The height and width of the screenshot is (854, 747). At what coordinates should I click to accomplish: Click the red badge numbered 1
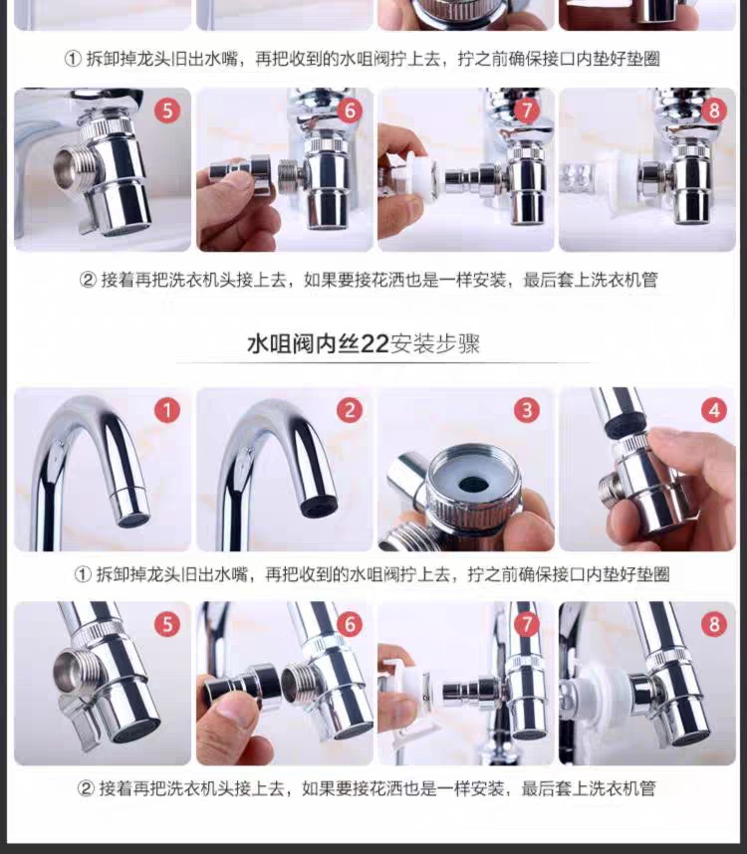167,410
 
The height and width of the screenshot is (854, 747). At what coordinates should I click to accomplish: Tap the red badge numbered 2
350,410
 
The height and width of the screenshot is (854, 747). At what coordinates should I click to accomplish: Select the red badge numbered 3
527,410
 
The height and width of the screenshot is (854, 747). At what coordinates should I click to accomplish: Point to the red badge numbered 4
714,410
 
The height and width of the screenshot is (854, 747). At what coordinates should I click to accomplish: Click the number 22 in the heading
374,344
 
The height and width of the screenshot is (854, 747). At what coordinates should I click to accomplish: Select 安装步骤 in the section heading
435,344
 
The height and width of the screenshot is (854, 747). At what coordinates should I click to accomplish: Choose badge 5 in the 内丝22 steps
167,624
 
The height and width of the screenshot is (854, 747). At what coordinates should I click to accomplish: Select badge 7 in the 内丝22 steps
527,624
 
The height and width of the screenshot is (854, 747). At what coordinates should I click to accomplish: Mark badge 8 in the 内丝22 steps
714,624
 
